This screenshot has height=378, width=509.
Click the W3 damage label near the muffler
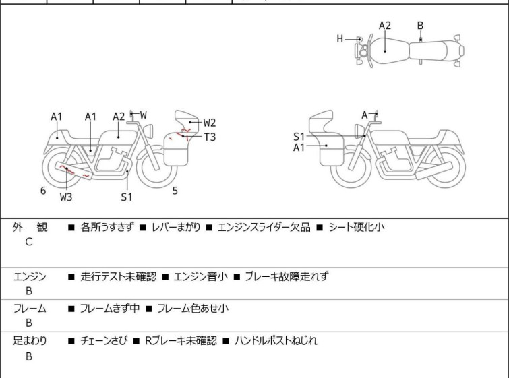tap(65, 197)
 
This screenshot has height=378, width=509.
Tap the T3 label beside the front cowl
tap(210, 137)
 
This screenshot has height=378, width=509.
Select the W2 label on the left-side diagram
tap(210, 123)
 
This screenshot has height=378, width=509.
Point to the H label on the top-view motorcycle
tap(340, 39)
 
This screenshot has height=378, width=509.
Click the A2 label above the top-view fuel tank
tap(384, 26)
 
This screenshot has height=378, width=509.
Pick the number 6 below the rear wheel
tap(42, 191)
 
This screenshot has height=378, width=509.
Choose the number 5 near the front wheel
tap(175, 191)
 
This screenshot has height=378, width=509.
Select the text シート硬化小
tap(357, 228)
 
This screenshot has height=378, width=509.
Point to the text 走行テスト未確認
tap(118, 276)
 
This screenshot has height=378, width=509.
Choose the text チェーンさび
tap(100, 341)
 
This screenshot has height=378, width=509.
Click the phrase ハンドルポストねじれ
tap(276, 341)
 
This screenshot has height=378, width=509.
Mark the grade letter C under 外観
tap(29, 242)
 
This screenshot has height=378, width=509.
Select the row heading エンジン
tap(30, 276)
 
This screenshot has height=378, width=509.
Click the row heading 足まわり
tap(30, 341)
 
